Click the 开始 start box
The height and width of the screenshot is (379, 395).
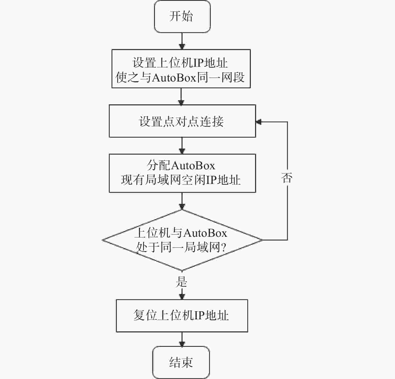pos(182,17)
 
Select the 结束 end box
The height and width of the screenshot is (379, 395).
pos(181,362)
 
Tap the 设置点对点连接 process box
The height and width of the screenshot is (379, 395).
pos(182,121)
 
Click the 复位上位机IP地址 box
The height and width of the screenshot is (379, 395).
pos(182,316)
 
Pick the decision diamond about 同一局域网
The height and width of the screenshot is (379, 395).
pos(182,240)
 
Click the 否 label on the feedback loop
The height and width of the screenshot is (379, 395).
pos(287,178)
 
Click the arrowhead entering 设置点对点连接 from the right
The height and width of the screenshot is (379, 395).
pos(259,122)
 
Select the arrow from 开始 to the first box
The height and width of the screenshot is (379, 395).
pos(182,41)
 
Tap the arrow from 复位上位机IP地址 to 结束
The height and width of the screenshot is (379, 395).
pos(182,339)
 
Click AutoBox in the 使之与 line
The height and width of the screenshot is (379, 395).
pos(174,78)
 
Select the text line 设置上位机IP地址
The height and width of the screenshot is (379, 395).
pos(180,63)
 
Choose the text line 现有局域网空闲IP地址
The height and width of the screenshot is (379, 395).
pos(181,180)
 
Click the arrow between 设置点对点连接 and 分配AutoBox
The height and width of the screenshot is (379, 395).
pos(182,146)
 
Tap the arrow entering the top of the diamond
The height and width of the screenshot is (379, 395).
pos(182,201)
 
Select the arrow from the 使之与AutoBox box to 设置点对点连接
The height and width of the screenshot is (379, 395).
pos(181,97)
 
